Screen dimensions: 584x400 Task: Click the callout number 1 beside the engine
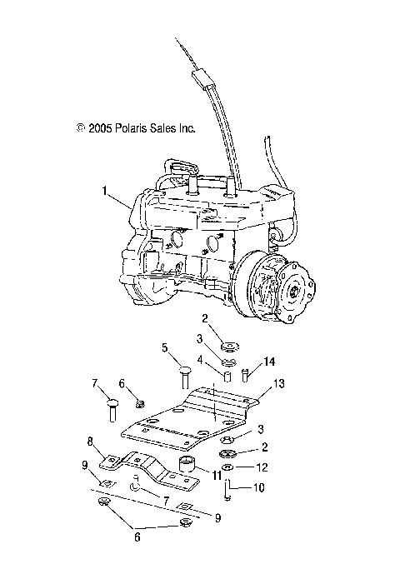coord(105,191)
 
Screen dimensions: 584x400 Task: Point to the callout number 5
coord(164,347)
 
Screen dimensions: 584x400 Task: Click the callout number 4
coord(198,361)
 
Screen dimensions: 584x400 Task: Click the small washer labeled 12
coord(227,469)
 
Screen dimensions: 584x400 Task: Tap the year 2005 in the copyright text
coord(100,129)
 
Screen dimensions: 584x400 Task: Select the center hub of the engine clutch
coord(293,292)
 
